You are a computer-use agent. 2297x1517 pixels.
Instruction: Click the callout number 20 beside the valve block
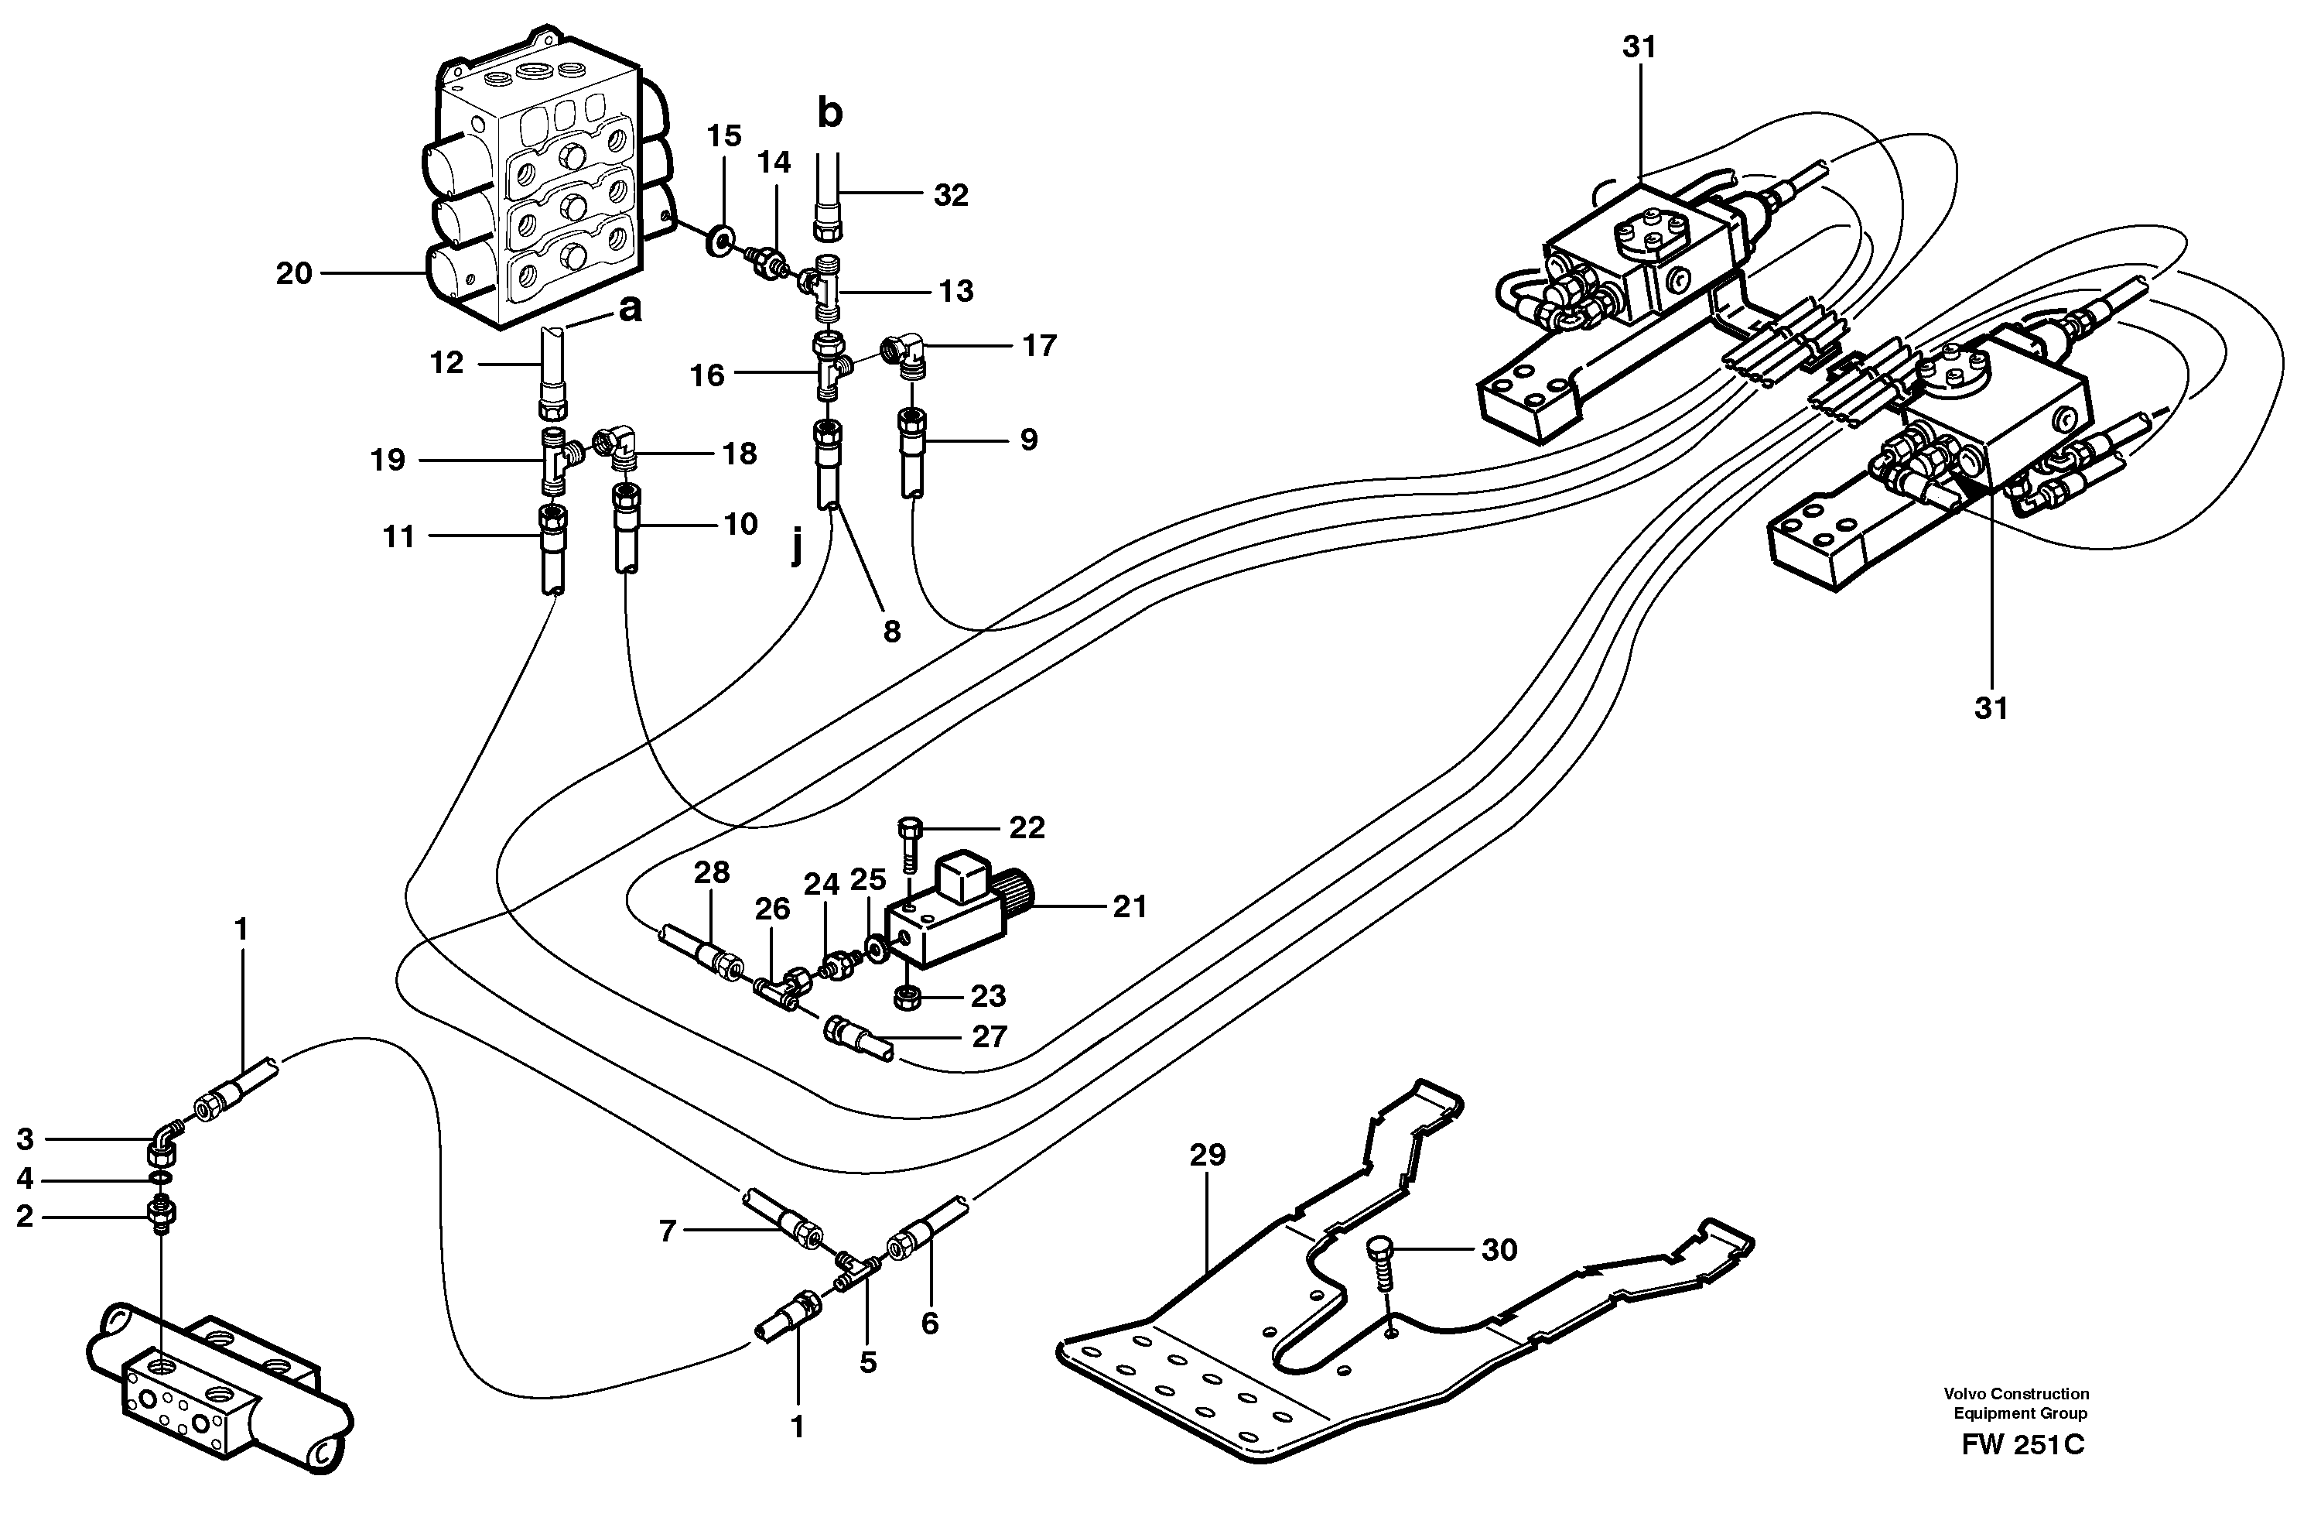(294, 274)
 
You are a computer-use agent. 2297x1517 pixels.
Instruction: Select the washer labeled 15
(720, 240)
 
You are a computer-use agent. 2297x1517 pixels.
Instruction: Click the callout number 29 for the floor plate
(1208, 1154)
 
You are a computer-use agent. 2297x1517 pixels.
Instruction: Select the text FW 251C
(2022, 1471)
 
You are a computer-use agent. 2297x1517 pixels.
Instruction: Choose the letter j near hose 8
(796, 549)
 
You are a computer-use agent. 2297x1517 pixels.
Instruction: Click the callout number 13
(955, 290)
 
